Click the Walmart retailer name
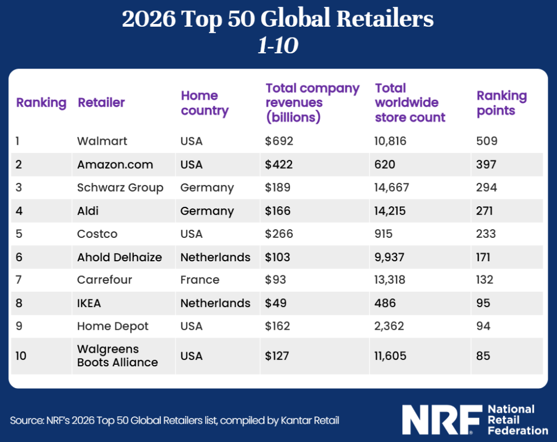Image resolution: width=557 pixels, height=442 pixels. (102, 141)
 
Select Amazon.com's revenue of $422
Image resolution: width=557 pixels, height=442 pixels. (279, 164)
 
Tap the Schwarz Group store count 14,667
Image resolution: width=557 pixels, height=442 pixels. (392, 188)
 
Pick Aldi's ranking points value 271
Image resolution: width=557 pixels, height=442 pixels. (486, 211)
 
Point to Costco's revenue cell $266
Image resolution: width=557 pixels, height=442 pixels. (279, 234)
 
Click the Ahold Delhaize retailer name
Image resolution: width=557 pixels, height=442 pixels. (120, 257)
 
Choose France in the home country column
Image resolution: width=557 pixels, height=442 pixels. (200, 280)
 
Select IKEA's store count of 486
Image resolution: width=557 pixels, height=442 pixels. (386, 303)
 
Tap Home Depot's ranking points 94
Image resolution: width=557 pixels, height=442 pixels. (484, 326)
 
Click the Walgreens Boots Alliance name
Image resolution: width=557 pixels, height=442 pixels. (117, 355)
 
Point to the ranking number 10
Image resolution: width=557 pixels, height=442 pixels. (21, 356)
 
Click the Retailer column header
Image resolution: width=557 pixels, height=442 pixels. (101, 102)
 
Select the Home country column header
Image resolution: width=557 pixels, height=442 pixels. (205, 103)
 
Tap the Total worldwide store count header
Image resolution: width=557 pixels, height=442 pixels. (410, 102)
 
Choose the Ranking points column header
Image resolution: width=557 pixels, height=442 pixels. (502, 103)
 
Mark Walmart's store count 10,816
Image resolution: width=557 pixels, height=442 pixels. (391, 141)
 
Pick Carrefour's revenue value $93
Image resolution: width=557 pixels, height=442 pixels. (276, 280)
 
